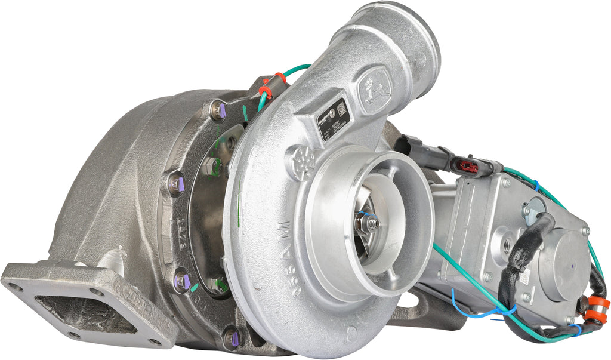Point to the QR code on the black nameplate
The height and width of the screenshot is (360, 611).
[341, 109]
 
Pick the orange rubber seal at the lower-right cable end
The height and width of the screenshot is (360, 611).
[597, 310]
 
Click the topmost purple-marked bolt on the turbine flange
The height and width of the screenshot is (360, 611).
[218, 110]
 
